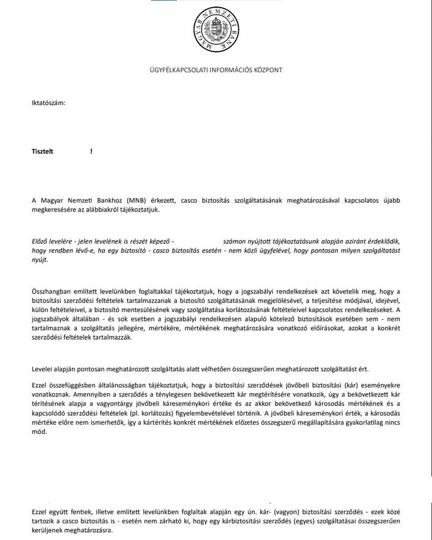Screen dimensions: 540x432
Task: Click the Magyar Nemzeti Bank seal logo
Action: click(x=216, y=28)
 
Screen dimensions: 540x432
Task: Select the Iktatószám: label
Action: click(x=48, y=103)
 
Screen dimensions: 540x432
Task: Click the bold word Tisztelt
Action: click(x=42, y=151)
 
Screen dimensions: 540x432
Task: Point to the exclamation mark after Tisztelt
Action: click(x=91, y=151)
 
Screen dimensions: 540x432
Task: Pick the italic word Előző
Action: click(x=40, y=242)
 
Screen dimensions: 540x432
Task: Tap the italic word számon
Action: click(x=234, y=242)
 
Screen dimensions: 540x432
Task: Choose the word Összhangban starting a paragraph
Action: click(x=52, y=290)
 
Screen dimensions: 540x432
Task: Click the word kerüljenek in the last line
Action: click(x=48, y=530)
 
